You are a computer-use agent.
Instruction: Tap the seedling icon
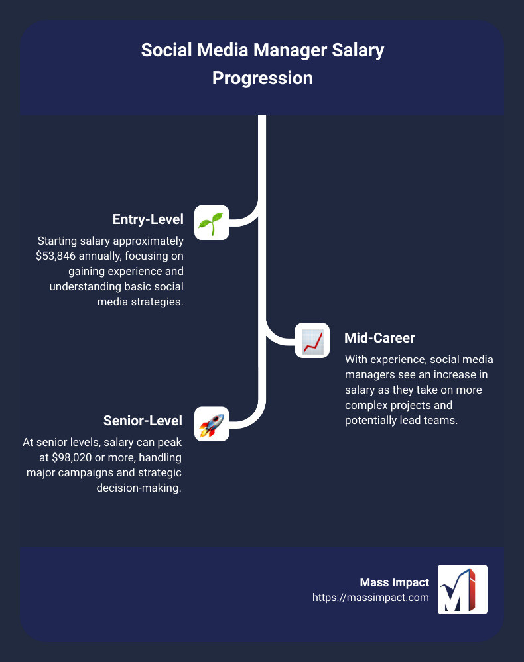point(212,222)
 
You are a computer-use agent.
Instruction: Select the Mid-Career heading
point(379,338)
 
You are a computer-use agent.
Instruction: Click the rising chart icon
point(312,341)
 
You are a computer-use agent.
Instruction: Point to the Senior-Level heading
point(143,420)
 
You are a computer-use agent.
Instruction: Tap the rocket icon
point(212,423)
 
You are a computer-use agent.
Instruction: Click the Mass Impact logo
point(462,589)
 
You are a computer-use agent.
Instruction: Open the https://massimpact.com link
point(371,597)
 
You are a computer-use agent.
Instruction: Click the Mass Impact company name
point(394,582)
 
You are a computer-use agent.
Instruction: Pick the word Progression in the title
point(262,78)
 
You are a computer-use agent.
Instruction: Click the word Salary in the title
point(358,51)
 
